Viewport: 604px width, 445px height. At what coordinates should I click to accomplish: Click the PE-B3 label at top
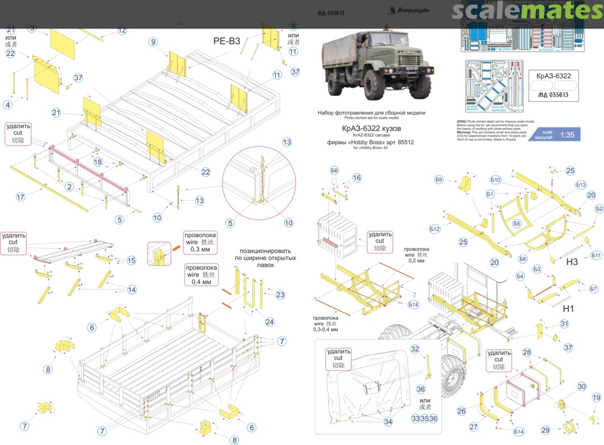pos(226,41)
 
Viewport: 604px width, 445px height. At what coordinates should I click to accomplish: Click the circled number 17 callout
pos(21,197)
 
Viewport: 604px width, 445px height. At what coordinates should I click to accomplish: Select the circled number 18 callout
pos(98,162)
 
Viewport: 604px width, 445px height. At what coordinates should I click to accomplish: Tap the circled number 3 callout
pos(32,28)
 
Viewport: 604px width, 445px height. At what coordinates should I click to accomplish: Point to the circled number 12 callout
pos(122,30)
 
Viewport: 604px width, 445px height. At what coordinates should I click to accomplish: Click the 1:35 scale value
pos(567,135)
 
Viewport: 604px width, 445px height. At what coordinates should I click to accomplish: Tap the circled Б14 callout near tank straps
pos(519,432)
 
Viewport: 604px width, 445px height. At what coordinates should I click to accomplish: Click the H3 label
pos(572,262)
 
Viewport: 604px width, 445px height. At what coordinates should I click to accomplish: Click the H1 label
pos(569,309)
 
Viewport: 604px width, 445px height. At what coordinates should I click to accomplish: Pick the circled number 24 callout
pos(270,322)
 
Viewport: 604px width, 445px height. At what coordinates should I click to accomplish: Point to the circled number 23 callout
pos(280,295)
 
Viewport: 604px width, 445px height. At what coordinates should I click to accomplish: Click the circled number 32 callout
pos(415,349)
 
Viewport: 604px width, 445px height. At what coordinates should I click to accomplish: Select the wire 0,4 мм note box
pos(201,275)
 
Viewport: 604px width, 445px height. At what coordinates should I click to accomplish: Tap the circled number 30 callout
pos(582,387)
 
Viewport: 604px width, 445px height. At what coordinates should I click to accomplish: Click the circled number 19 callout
pos(596,397)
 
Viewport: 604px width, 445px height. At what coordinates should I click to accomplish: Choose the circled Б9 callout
pos(439,179)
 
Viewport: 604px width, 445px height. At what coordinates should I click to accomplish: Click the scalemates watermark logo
pos(527,11)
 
